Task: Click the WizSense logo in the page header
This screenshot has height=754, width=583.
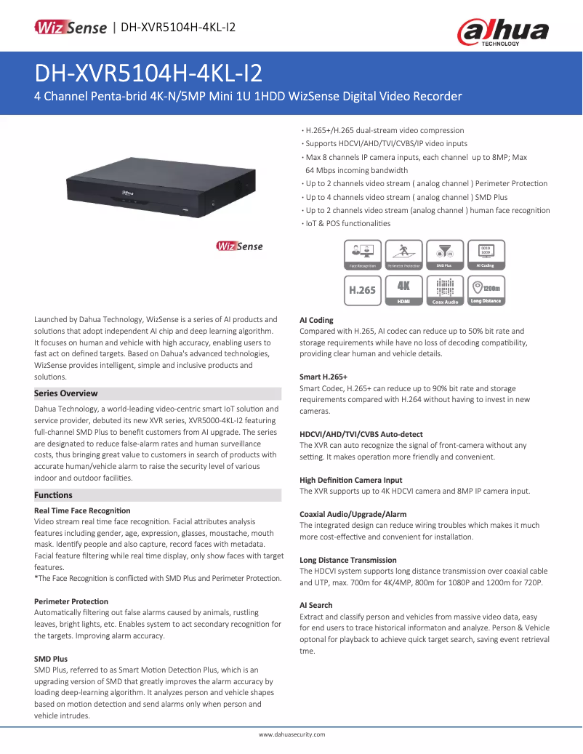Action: coord(71,28)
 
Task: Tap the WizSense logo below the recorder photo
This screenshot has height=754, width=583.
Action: coord(239,246)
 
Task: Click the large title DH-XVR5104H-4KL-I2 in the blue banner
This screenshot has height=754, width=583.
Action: coord(149,73)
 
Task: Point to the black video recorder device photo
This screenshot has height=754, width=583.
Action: coord(161,185)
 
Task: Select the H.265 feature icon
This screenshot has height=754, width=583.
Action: coord(362,289)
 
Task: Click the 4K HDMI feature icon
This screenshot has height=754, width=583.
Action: coord(403,289)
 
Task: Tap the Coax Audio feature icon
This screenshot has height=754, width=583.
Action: coord(445,289)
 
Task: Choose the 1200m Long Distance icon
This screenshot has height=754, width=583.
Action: coord(486,289)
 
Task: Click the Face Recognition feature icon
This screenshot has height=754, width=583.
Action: coord(362,255)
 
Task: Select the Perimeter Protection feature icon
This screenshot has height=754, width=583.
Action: coord(403,255)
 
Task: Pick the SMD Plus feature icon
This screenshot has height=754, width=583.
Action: coord(444,255)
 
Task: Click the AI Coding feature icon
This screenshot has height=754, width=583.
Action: coord(486,255)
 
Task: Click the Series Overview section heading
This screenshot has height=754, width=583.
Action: coord(66,393)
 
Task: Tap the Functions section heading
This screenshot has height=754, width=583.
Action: coord(54,495)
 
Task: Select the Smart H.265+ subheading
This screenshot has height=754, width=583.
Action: coord(323,377)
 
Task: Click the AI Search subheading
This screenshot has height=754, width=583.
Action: coord(316,605)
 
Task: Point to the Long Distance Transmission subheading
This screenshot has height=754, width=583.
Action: coord(348,560)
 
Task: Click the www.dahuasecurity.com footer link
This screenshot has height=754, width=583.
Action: coord(291,735)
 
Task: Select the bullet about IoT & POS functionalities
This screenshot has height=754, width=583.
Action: coord(347,223)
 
